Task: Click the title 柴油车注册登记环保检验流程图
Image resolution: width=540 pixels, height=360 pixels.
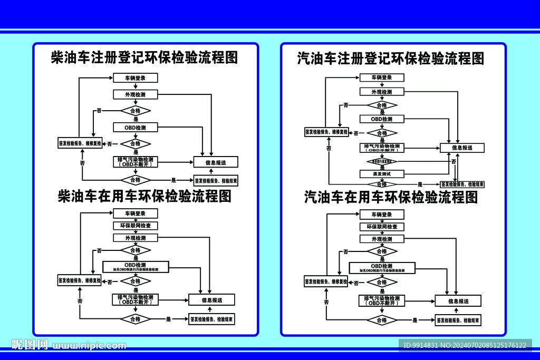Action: pyautogui.click(x=144, y=57)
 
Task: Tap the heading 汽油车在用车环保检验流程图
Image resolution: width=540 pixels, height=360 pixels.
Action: pyautogui.click(x=391, y=197)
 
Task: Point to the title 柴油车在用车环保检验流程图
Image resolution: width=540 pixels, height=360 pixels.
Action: pyautogui.click(x=144, y=197)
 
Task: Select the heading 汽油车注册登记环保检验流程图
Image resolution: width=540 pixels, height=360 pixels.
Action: pyautogui.click(x=391, y=58)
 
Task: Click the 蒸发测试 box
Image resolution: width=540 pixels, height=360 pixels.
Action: pyautogui.click(x=381, y=173)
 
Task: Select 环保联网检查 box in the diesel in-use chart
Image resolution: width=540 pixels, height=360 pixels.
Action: pyautogui.click(x=136, y=226)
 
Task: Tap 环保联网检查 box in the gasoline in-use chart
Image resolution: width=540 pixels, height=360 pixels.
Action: pyautogui.click(x=382, y=227)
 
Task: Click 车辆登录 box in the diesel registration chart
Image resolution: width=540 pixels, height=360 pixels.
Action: pyautogui.click(x=136, y=78)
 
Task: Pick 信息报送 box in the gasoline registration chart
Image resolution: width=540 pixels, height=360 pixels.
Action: pyautogui.click(x=462, y=148)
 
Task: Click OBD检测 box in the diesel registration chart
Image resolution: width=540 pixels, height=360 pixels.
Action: pyautogui.click(x=136, y=128)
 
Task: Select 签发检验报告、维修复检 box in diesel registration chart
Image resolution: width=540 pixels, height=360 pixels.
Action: pyautogui.click(x=80, y=143)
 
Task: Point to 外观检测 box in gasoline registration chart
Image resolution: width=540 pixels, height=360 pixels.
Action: pyautogui.click(x=382, y=92)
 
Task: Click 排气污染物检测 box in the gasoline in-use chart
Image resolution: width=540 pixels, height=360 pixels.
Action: pyautogui.click(x=382, y=300)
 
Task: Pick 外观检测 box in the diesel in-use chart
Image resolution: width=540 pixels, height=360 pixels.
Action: pyautogui.click(x=136, y=238)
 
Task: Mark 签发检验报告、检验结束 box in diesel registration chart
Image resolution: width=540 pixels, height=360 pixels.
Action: pyautogui.click(x=216, y=180)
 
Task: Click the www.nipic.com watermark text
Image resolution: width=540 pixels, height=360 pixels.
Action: pyautogui.click(x=90, y=346)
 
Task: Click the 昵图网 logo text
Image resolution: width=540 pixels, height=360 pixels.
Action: pyautogui.click(x=30, y=345)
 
